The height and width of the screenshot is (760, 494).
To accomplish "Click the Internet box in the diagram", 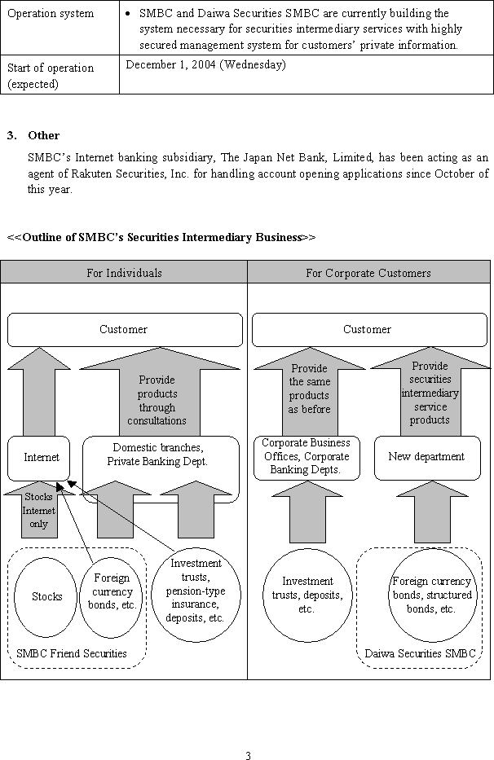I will click(41, 458).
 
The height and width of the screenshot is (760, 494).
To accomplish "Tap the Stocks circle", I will click(46, 596).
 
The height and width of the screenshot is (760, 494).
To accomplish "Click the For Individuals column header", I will click(124, 273).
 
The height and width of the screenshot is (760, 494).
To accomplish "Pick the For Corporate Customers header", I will click(368, 273).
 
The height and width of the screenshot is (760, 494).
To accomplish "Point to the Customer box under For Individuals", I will click(124, 330).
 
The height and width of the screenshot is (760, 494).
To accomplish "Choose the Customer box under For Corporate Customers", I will click(367, 330).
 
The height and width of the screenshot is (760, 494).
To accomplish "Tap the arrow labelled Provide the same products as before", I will click(309, 389).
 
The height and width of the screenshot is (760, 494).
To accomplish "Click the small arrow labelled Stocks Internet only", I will click(38, 512).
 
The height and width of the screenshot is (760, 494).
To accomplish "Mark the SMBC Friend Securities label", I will click(72, 653).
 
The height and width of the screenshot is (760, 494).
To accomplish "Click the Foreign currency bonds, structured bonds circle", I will click(431, 595).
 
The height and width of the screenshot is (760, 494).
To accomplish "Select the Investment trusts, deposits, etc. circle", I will click(307, 595).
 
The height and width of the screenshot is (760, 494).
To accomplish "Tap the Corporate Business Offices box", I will click(306, 457).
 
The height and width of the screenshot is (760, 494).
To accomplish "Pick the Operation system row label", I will click(51, 14).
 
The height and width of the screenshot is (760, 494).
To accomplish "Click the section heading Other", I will click(43, 135).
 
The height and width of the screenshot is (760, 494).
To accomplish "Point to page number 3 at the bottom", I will click(248, 755).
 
